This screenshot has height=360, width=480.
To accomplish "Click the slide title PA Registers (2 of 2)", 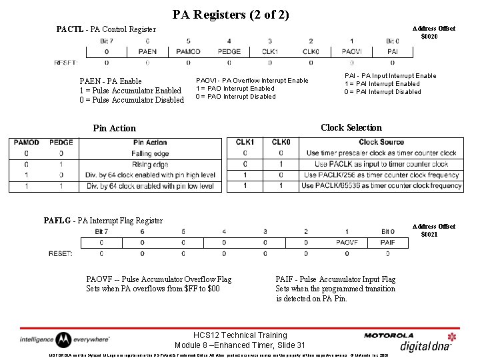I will click(231, 14).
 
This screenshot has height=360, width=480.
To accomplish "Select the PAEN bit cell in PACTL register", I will click(147, 51).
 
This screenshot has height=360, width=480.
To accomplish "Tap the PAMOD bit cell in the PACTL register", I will click(188, 51).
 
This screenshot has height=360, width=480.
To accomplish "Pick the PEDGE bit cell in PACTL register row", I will click(229, 51).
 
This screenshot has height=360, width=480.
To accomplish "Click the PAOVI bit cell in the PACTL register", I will click(351, 51).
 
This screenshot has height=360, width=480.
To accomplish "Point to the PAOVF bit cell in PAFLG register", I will click(347, 243).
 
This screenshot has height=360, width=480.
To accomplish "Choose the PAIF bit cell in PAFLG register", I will click(388, 243).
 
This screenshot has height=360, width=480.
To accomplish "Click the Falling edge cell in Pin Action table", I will click(150, 153).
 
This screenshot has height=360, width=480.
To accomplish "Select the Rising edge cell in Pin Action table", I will click(150, 164).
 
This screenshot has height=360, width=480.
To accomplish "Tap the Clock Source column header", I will click(381, 142).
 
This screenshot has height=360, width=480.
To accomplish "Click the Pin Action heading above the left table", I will click(114, 128).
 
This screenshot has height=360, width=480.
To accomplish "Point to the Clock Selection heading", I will click(351, 127).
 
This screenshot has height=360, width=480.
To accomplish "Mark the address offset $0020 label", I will click(434, 32).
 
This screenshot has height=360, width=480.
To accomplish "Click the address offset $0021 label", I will click(434, 230).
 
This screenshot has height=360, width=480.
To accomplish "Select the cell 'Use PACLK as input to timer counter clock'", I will click(381, 164).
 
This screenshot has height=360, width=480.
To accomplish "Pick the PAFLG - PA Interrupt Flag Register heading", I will click(103, 220).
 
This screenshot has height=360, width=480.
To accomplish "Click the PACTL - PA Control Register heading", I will click(106, 29).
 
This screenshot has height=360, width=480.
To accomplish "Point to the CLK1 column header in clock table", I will click(245, 142).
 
